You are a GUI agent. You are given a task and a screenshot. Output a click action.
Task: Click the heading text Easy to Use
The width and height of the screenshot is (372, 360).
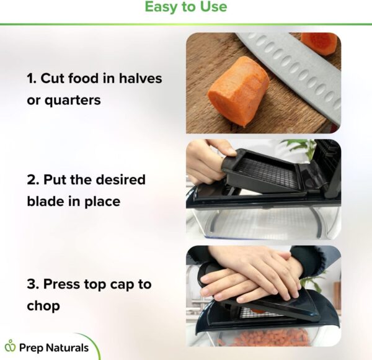(186, 7)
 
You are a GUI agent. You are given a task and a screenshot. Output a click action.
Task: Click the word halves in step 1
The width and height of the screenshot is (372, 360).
(141, 78)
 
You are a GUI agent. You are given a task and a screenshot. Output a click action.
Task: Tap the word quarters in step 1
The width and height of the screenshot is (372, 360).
(73, 101)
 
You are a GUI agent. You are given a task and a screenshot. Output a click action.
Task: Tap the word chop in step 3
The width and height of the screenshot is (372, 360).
(43, 305)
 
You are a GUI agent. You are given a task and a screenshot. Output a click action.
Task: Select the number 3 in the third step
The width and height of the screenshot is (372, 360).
(32, 284)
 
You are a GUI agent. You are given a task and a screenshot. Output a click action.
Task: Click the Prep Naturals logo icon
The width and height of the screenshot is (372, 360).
(10, 346)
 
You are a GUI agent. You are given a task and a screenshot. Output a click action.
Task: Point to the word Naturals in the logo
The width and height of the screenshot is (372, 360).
(67, 348)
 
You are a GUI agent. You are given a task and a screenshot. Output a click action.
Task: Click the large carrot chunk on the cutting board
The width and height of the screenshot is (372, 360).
(238, 91)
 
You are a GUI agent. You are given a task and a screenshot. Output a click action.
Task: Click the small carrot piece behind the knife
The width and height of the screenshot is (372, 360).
(319, 43)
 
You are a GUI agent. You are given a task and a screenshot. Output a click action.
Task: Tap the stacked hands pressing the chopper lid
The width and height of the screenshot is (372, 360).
(249, 276)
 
